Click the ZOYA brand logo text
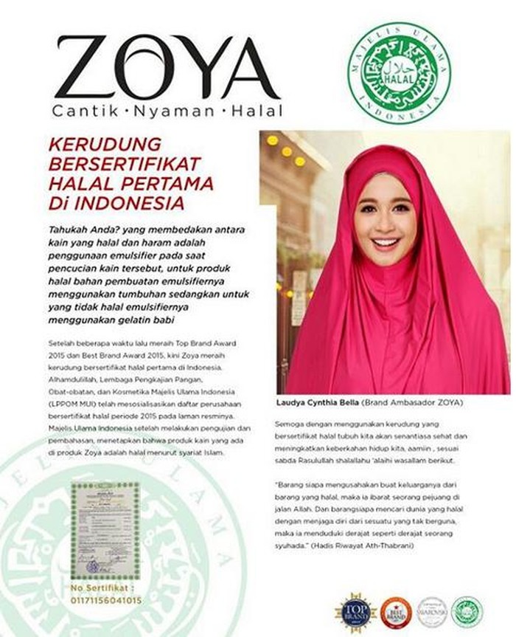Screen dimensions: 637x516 (167, 68)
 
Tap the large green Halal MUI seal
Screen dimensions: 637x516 (398, 72)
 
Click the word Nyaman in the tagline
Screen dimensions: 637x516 (175, 111)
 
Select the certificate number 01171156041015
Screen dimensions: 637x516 (105, 600)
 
